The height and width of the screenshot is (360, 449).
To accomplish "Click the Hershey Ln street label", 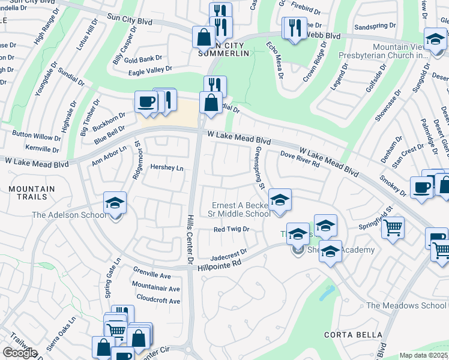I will pos(167,168).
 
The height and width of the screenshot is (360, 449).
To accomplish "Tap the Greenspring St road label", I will pos(260,168).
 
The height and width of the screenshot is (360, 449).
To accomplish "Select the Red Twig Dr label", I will pos(231,229).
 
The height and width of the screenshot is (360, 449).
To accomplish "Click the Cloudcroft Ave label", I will pos(158,298).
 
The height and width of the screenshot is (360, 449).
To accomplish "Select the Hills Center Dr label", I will pos(190,240).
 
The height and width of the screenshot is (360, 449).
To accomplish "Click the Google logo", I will pos(20,353).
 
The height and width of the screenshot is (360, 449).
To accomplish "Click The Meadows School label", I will pos(407,305).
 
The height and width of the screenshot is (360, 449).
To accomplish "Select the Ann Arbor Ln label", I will pos(109,155).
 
